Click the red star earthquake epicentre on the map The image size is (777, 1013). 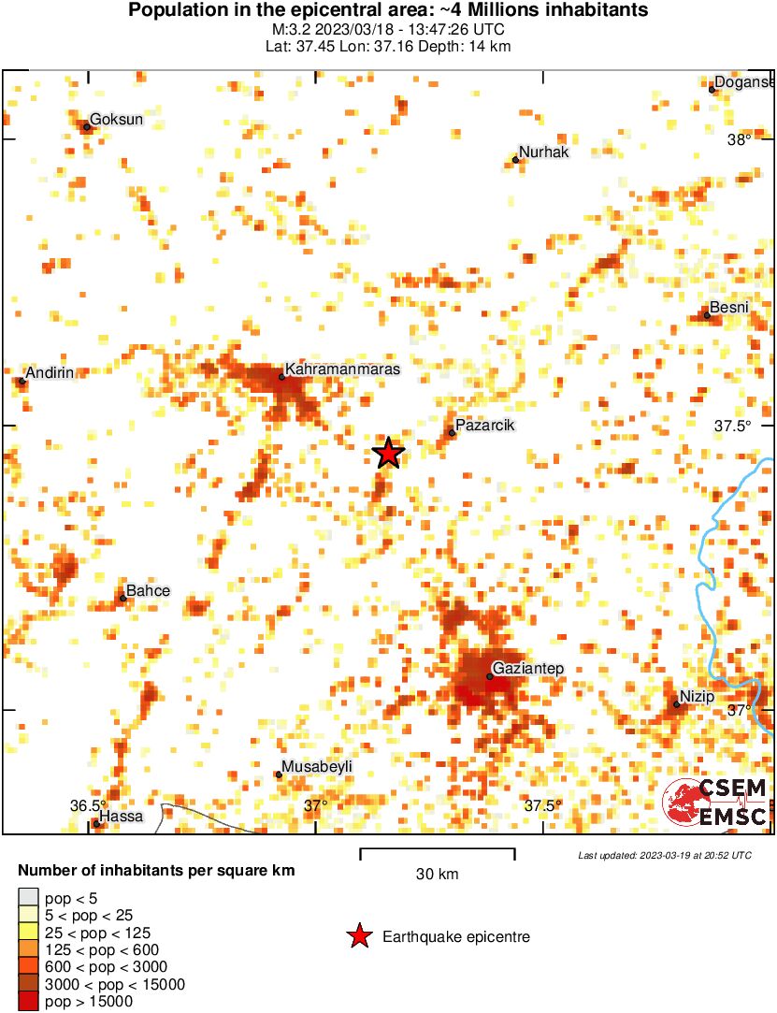click(389, 453)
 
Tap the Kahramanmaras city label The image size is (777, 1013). click(342, 369)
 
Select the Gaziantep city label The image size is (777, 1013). click(528, 669)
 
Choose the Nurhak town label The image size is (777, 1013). click(543, 152)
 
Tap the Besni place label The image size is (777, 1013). click(729, 308)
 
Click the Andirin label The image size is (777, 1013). click(50, 373)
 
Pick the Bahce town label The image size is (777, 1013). click(148, 591)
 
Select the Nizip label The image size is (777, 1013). click(697, 697)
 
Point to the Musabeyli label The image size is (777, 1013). click(318, 767)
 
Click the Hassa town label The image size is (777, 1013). click(122, 817)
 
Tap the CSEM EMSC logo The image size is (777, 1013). click(715, 803)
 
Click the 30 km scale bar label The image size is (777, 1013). click(437, 875)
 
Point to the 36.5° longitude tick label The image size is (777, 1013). click(89, 805)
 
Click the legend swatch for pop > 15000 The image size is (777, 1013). click(30, 1002)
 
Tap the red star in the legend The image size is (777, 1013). click(358, 936)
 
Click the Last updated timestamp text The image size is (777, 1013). click(664, 855)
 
